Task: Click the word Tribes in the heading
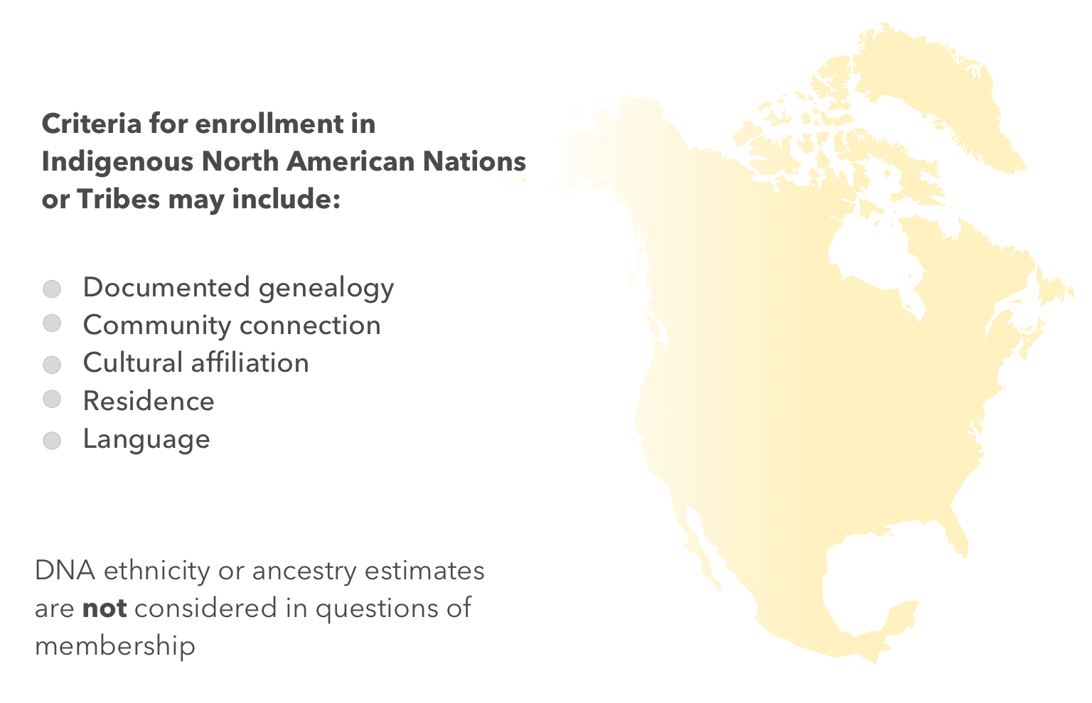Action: pyautogui.click(x=118, y=200)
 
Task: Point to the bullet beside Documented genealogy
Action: pyautogui.click(x=52, y=289)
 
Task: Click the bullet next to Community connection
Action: pyautogui.click(x=52, y=323)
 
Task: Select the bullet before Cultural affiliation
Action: pyautogui.click(x=52, y=365)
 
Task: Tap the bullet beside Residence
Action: pyautogui.click(x=52, y=399)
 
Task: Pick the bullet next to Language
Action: pyautogui.click(x=52, y=441)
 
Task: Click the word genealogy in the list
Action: pyautogui.click(x=326, y=289)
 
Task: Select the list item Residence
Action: pyautogui.click(x=149, y=402)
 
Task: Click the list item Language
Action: pyautogui.click(x=146, y=440)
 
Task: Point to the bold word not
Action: pyautogui.click(x=105, y=609)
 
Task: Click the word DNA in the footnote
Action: pyautogui.click(x=65, y=571)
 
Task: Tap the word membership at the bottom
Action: pyautogui.click(x=115, y=646)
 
